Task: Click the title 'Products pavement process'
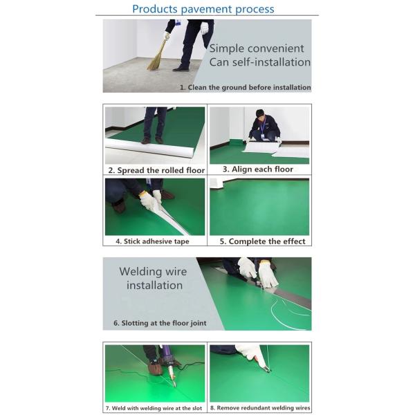coord(203,9)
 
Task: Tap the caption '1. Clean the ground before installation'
coord(246,87)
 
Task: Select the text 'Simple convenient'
coord(257,48)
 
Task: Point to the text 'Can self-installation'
coord(259,62)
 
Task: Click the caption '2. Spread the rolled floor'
coord(156,170)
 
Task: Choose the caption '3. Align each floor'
coord(258,169)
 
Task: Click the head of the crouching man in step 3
coord(261,113)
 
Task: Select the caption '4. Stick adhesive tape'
coord(152,241)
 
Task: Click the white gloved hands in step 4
coord(150,200)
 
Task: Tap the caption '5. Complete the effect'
coord(263,241)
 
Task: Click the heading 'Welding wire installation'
coord(154,279)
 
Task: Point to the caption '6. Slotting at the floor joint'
coord(160,323)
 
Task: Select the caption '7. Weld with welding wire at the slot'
coord(154,408)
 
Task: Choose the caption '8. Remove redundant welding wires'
coord(260,408)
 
